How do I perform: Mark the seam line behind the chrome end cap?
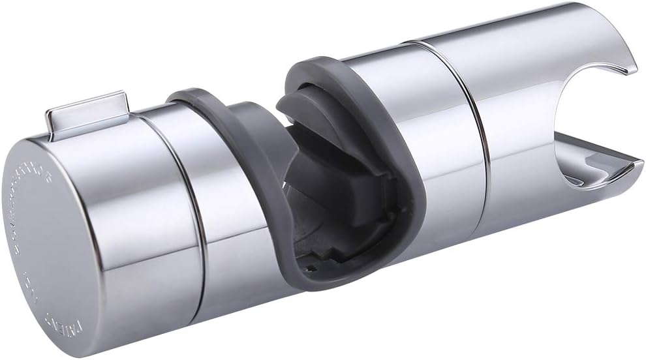pos(189,215)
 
